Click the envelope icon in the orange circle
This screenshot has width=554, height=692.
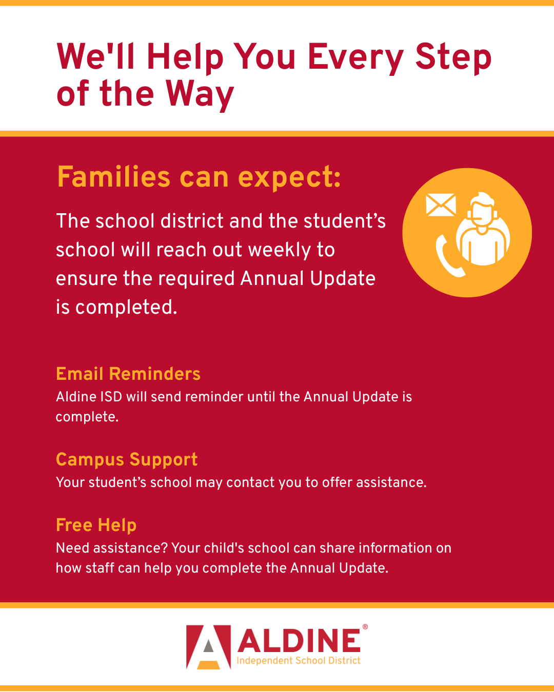coord(441,205)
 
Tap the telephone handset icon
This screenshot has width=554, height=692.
coord(448,256)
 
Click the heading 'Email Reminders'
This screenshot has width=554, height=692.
coord(128,374)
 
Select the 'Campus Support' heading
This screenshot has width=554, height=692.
coord(127,460)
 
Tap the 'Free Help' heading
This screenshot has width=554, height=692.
coord(96,526)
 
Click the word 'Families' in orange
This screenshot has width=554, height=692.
coord(113,177)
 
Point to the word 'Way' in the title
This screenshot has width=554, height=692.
coord(200,94)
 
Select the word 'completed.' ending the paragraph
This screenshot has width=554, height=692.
coord(126,308)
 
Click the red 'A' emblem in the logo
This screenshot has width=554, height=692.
coord(209,647)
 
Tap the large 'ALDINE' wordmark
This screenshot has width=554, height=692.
coord(299,641)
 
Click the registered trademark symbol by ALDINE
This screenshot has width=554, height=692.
coord(365,627)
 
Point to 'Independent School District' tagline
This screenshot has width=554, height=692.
coord(299,661)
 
